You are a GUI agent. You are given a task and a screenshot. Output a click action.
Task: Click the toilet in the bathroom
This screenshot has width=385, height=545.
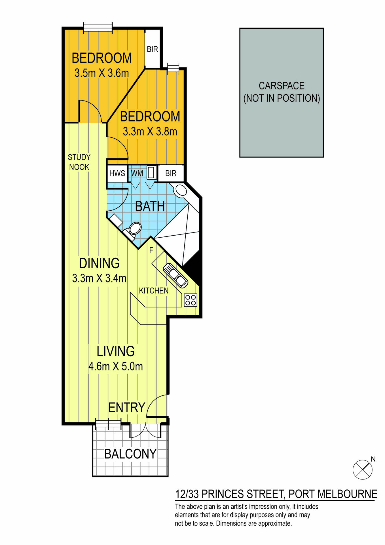pyautogui.click(x=132, y=230)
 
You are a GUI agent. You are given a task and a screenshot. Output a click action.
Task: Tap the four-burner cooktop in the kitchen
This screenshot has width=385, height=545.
pyautogui.click(x=191, y=300)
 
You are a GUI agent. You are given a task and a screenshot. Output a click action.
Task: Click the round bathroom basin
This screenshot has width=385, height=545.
pyautogui.click(x=181, y=190)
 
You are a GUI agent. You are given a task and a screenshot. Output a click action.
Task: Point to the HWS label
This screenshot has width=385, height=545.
pyautogui.click(x=117, y=173)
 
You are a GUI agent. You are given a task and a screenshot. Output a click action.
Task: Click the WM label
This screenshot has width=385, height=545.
pyautogui.click(x=137, y=173)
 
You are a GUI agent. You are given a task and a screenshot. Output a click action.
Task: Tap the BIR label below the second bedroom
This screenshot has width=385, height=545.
pyautogui.click(x=171, y=173)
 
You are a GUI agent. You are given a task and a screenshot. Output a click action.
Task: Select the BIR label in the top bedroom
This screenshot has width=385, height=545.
pyautogui.click(x=152, y=49)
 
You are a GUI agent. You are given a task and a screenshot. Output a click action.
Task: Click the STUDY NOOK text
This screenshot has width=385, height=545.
pyautogui.click(x=79, y=162)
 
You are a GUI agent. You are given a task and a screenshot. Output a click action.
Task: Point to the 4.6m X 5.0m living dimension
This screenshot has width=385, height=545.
pyautogui.click(x=116, y=366)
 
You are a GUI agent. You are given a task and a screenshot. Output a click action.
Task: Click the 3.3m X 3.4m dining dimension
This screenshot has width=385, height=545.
pyautogui.click(x=99, y=278)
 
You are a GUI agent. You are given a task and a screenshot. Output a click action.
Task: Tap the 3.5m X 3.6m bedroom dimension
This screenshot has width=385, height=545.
pyautogui.click(x=102, y=73)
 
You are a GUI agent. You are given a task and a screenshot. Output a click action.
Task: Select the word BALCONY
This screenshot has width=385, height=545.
pyautogui.click(x=130, y=454)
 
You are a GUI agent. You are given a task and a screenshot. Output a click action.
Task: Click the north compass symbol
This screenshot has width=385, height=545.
pyautogui.click(x=363, y=469)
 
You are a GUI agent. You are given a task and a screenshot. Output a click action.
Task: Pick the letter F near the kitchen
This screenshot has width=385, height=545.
pyautogui.click(x=151, y=250)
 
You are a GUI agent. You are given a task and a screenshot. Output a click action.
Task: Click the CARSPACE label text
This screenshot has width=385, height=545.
pyautogui.click(x=282, y=86)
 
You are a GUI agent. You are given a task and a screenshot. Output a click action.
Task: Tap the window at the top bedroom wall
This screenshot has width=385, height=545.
pyautogui.click(x=98, y=27)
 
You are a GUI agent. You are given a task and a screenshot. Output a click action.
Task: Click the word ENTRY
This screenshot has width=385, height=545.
pyautogui.click(x=127, y=408)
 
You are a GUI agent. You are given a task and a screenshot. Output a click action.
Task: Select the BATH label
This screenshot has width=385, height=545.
pyautogui.click(x=150, y=206)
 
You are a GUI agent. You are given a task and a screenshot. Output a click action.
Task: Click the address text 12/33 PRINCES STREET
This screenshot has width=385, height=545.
pyautogui.click(x=230, y=494)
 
